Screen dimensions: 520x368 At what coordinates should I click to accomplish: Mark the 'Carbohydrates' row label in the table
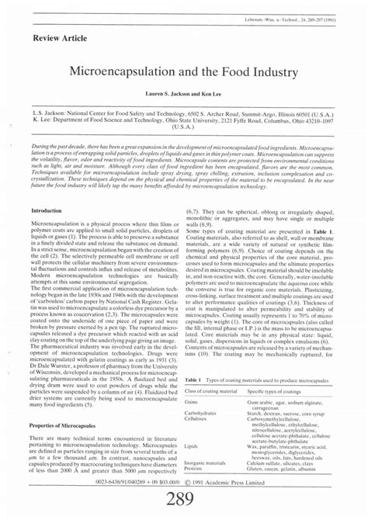coord(204,414)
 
